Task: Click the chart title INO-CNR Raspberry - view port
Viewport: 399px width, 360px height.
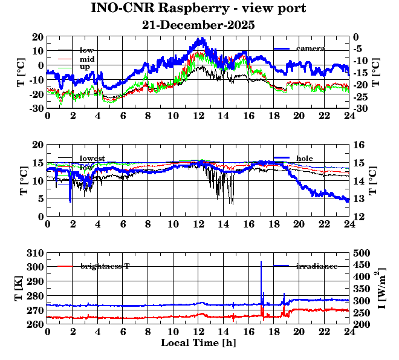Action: pyautogui.click(x=198, y=9)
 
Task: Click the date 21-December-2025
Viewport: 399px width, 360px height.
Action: pyautogui.click(x=198, y=25)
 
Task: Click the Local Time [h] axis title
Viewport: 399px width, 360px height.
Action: pyautogui.click(x=198, y=342)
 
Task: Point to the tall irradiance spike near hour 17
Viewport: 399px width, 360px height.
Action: pyautogui.click(x=261, y=264)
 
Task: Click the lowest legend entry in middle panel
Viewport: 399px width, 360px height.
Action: pyautogui.click(x=92, y=159)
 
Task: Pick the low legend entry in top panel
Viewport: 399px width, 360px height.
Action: pyautogui.click(x=86, y=50)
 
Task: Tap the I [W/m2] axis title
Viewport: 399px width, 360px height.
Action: pyautogui.click(x=382, y=289)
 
